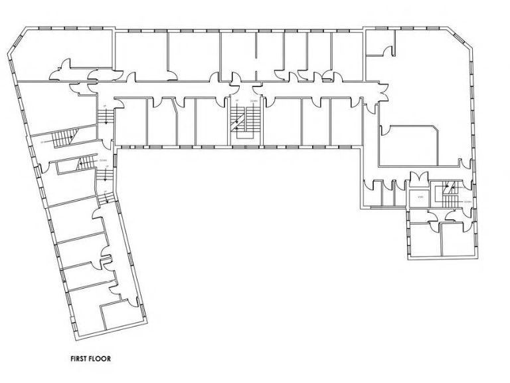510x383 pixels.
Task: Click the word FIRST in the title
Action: click(x=80, y=358)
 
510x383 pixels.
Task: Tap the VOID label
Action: click(x=420, y=197)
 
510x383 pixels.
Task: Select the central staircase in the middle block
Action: click(x=238, y=122)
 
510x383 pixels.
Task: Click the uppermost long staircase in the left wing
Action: click(x=63, y=138)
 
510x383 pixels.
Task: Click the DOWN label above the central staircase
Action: click(x=253, y=101)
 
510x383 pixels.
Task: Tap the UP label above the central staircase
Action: click(x=236, y=101)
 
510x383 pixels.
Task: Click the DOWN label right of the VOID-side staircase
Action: click(x=467, y=200)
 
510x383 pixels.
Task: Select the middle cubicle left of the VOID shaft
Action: click(x=387, y=193)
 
